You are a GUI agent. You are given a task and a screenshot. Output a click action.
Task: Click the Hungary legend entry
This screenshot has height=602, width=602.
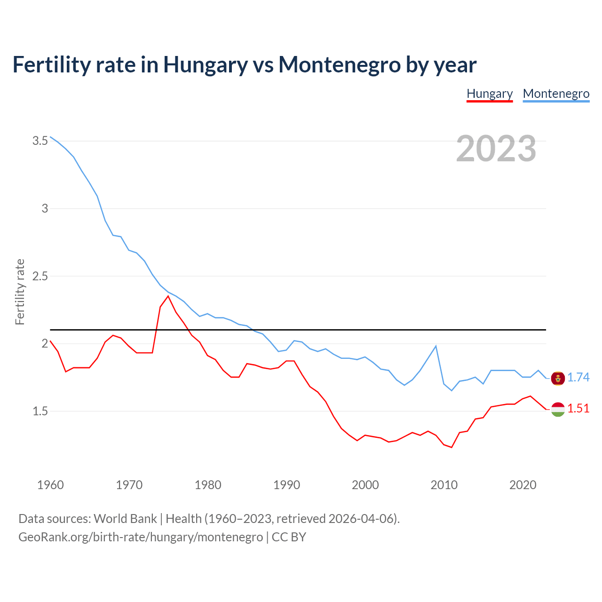pos(490,94)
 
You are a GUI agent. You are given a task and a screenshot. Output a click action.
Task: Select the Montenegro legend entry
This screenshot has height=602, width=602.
pos(556,94)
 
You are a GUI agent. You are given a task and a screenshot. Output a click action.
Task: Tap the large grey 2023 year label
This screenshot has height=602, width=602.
pos(496,149)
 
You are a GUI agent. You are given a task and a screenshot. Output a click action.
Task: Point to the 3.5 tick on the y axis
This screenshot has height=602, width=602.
pos(40,141)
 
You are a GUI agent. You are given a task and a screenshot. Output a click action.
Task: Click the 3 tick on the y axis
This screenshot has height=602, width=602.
pos(45,208)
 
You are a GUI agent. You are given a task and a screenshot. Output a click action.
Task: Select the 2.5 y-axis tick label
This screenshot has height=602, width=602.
pos(40,276)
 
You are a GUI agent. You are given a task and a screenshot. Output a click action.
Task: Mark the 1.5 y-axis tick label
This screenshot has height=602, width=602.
pos(40,411)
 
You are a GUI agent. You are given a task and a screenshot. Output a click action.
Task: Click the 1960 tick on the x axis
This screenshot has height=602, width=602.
pos(50,485)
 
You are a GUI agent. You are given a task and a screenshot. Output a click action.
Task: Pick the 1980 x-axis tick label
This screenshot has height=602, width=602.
pos(208,485)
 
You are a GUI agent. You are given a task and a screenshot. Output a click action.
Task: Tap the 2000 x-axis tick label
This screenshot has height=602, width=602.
pos(365,485)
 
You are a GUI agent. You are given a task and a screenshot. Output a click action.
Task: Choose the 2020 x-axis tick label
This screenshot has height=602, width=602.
pos(523,485)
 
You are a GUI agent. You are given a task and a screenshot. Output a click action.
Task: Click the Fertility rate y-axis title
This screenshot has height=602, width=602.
pos(20,292)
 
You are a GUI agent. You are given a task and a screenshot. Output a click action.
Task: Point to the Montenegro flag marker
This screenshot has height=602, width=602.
pos(558,378)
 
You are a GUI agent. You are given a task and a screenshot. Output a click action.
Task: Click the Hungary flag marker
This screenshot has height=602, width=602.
pos(558,409)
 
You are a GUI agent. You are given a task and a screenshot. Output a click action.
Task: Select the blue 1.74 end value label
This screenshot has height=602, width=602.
pos(578,377)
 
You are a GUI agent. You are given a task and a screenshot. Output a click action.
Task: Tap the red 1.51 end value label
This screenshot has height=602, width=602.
pos(578,408)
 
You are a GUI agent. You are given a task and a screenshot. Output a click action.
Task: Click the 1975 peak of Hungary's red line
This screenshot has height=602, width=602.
pos(168,296)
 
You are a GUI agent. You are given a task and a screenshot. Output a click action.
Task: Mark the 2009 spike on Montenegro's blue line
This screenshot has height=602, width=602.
pos(436,346)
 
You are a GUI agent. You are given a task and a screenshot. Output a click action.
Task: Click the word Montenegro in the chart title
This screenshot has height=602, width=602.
pos(339,64)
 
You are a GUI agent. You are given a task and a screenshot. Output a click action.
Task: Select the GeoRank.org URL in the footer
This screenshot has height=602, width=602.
pos(141,537)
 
